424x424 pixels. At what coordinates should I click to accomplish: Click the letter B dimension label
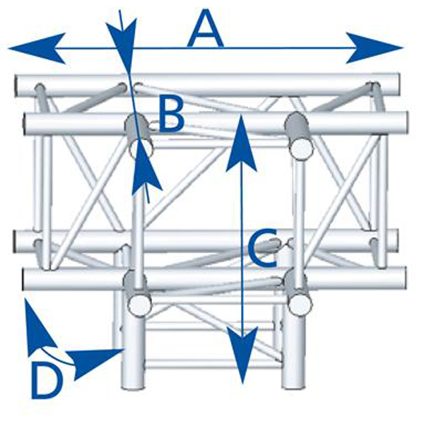171,114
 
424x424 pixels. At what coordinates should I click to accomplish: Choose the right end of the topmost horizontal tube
395,86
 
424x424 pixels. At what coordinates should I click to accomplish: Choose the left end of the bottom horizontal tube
27,278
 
